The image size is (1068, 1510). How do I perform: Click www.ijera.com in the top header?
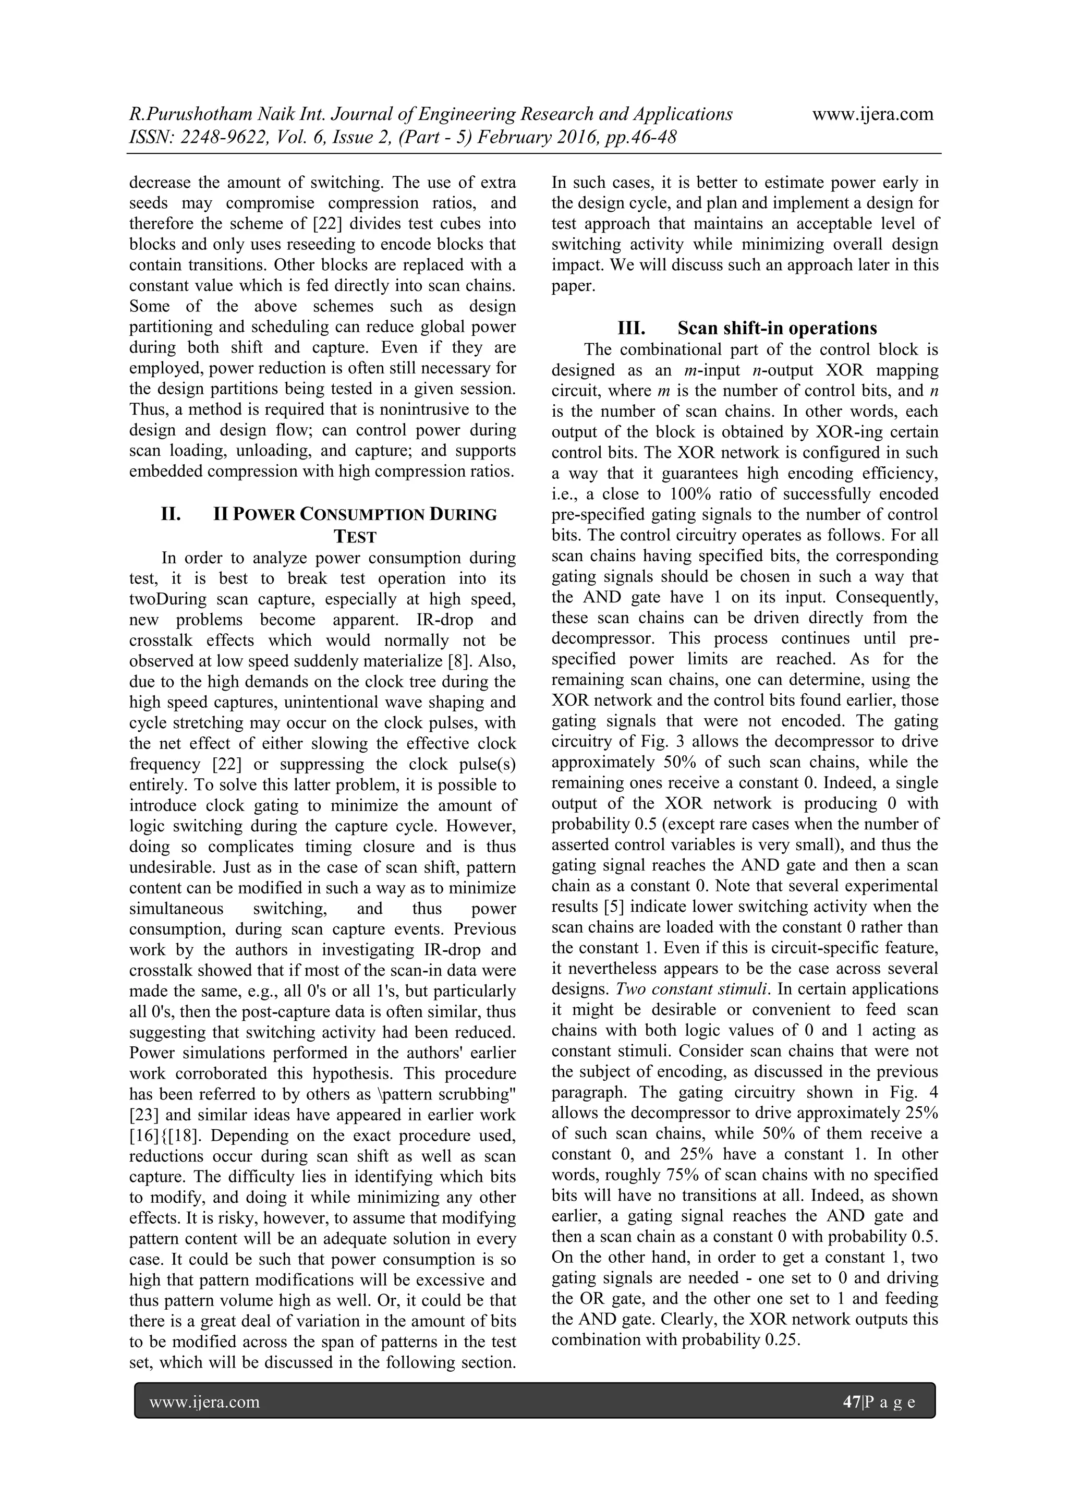872,114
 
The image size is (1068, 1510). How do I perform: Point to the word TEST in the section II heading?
355,537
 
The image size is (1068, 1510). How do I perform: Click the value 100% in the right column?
690,494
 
